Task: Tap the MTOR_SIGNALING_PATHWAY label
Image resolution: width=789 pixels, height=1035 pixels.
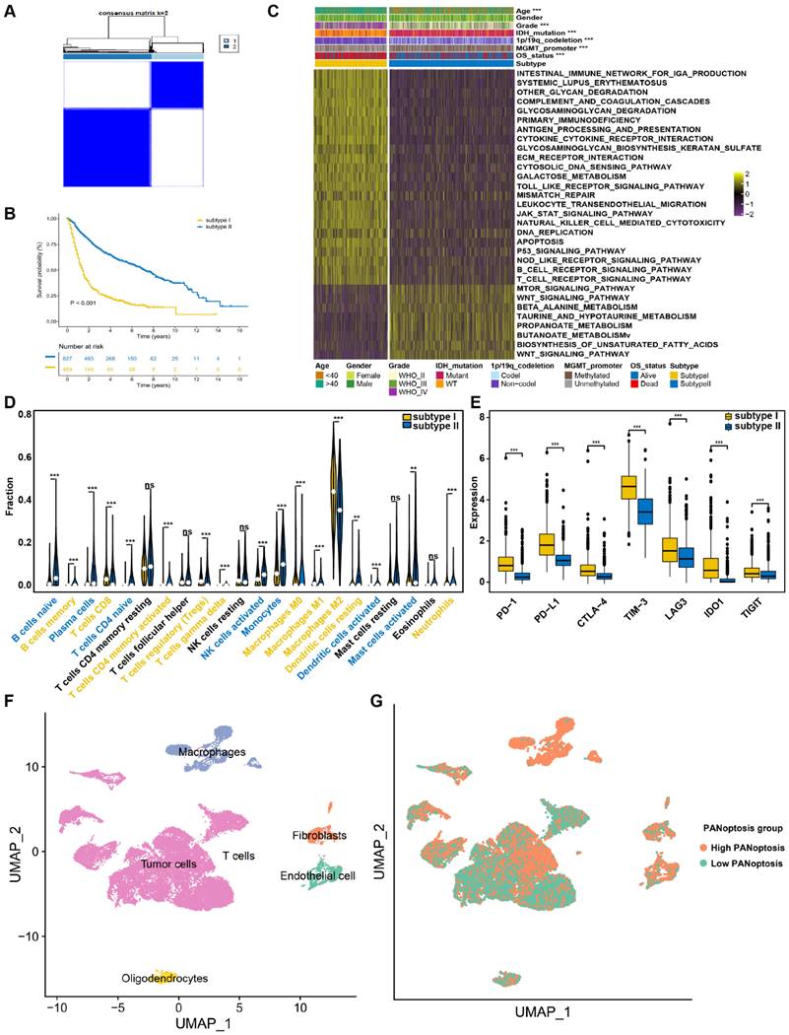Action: click(577, 288)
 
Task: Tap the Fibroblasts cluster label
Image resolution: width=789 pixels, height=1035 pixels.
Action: click(315, 836)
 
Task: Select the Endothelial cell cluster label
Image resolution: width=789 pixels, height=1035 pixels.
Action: click(321, 875)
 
